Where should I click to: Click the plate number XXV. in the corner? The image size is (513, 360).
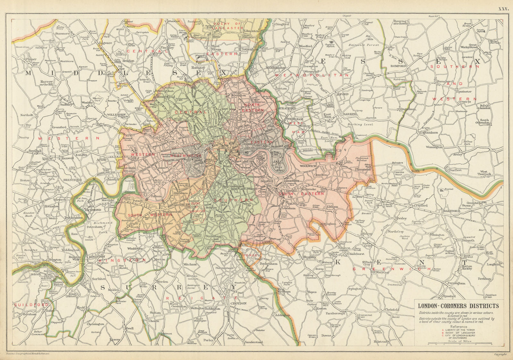[503, 9]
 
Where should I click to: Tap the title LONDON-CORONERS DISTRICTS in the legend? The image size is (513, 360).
[458, 306]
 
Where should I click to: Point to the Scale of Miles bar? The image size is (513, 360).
[459, 343]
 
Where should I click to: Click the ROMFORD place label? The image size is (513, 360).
[398, 66]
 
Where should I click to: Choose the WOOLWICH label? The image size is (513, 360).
[308, 166]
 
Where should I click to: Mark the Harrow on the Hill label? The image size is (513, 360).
[46, 83]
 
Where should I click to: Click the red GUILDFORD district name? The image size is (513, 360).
[30, 305]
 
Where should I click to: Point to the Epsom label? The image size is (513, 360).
[114, 339]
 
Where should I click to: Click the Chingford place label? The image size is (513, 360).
[282, 24]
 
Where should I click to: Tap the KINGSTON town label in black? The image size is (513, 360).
[97, 257]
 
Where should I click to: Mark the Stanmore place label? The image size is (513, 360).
[62, 33]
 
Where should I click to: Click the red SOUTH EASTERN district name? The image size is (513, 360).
[301, 194]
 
